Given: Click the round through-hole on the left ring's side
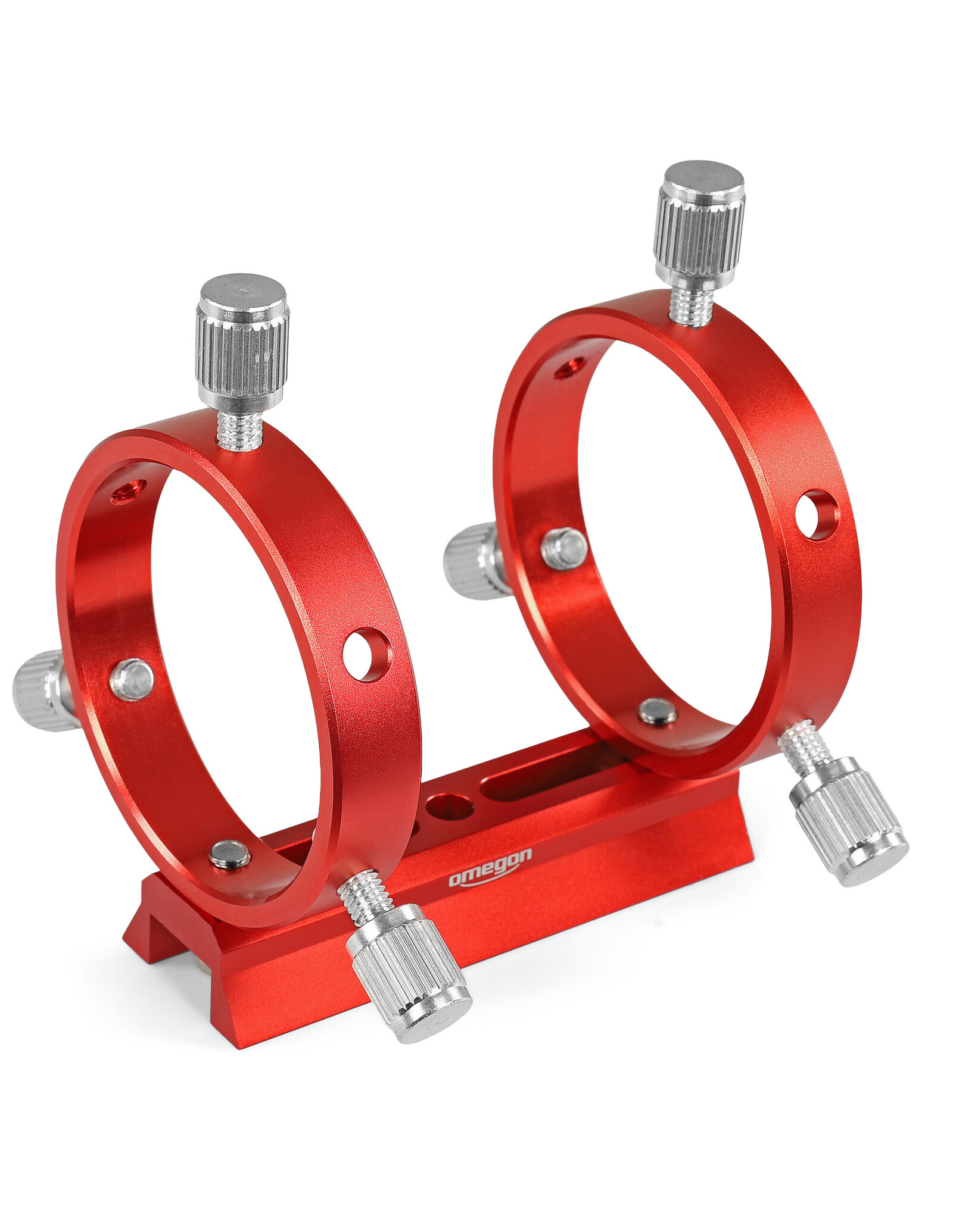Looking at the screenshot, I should click(x=368, y=654).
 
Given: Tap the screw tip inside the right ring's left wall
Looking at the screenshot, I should click(x=564, y=549).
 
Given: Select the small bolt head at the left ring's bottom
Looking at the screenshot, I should click(x=230, y=855).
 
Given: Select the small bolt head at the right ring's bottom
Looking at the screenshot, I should click(x=657, y=711).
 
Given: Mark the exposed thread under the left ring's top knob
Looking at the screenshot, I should click(x=239, y=430).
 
